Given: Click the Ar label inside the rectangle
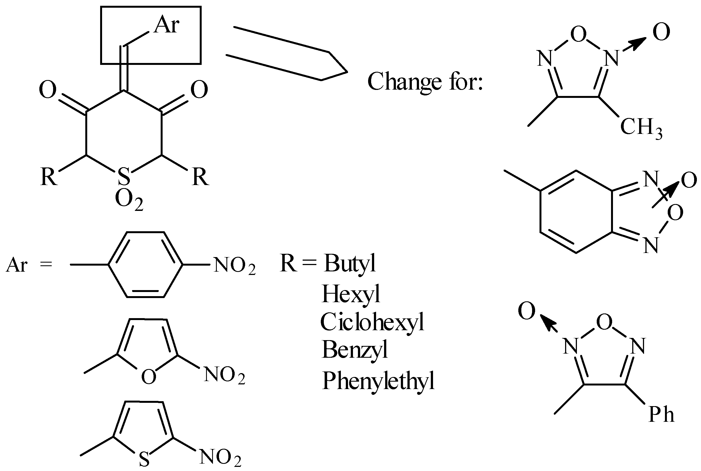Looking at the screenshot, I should [x=167, y=25].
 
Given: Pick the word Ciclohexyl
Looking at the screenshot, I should [x=372, y=322].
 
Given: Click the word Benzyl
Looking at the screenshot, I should [x=355, y=350].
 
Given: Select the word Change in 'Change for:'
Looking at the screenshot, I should [x=404, y=82].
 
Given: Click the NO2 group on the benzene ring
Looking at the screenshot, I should [x=234, y=266].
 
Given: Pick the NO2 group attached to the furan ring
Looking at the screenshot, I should [x=224, y=376].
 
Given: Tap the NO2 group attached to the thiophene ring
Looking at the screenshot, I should [x=220, y=458].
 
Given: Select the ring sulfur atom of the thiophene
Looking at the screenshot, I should [x=144, y=459].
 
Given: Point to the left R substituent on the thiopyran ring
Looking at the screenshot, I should [x=49, y=177].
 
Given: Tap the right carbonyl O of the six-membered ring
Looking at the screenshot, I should [x=199, y=90].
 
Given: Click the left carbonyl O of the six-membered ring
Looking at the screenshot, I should [x=48, y=90].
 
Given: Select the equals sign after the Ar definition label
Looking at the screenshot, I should [x=46, y=265].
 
